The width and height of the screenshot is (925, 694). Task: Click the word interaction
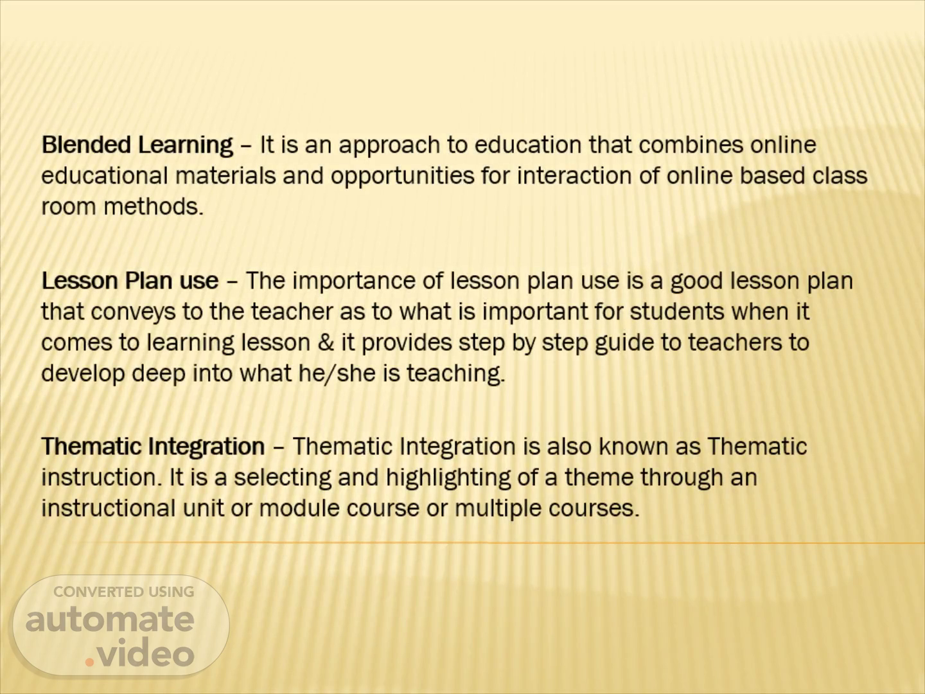pyautogui.click(x=574, y=175)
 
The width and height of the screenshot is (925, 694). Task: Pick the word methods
pyautogui.click(x=154, y=206)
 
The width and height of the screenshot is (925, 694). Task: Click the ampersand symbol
pyautogui.click(x=325, y=342)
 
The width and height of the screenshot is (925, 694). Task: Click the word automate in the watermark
pyautogui.click(x=110, y=619)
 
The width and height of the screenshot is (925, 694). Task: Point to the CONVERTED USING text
pyautogui.click(x=124, y=592)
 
